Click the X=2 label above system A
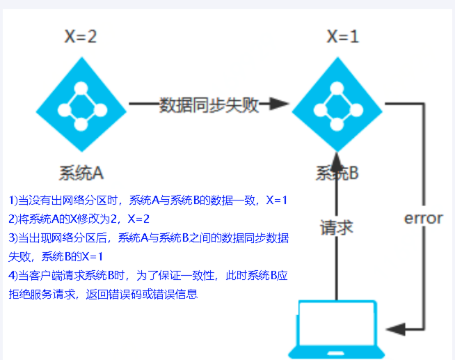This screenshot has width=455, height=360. click(x=81, y=36)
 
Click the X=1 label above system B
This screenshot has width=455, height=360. click(x=342, y=36)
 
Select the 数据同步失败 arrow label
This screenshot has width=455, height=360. click(x=209, y=105)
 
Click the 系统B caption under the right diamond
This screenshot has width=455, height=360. click(x=337, y=172)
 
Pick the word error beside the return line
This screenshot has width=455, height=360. click(x=423, y=218)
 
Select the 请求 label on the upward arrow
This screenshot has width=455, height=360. click(x=336, y=228)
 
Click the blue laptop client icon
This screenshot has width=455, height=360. click(x=337, y=329)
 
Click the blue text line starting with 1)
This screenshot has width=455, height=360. click(x=148, y=201)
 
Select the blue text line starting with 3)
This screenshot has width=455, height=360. click(x=148, y=238)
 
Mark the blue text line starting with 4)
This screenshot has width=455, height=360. click(x=148, y=276)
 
